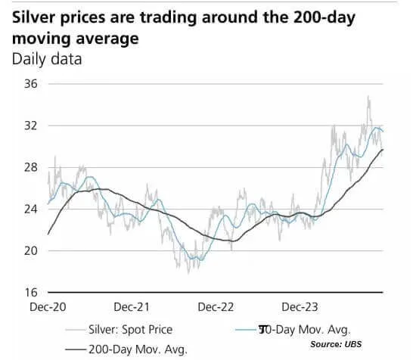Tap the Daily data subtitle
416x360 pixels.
[47, 59]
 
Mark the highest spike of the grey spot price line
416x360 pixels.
[368, 97]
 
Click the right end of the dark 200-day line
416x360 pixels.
[383, 150]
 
